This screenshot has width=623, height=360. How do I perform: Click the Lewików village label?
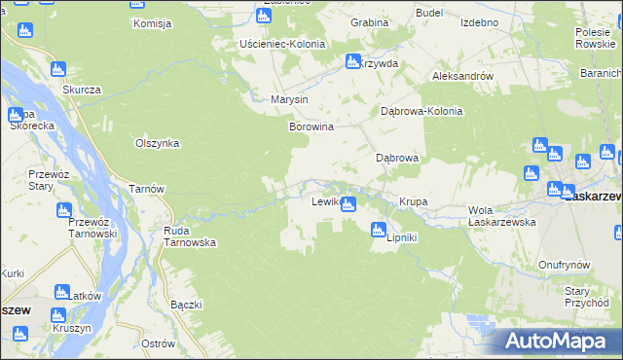pos(324,202)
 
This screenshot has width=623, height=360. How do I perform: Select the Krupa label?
pos(413,202)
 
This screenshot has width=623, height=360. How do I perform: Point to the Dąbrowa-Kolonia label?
pos(421,111)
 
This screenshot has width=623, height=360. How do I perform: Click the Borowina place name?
pos(311,126)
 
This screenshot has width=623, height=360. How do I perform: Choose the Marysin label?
pos(289,99)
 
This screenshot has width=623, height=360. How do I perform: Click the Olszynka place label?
pos(158,143)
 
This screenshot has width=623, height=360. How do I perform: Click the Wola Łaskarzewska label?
pos(503,216)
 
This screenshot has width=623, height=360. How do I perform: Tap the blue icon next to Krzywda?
pos(352,62)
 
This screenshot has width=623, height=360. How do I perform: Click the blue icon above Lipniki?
pos(378,230)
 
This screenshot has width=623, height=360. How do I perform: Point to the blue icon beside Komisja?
pos(136,4)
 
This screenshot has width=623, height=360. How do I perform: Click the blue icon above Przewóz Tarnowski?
pos(64,210)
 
